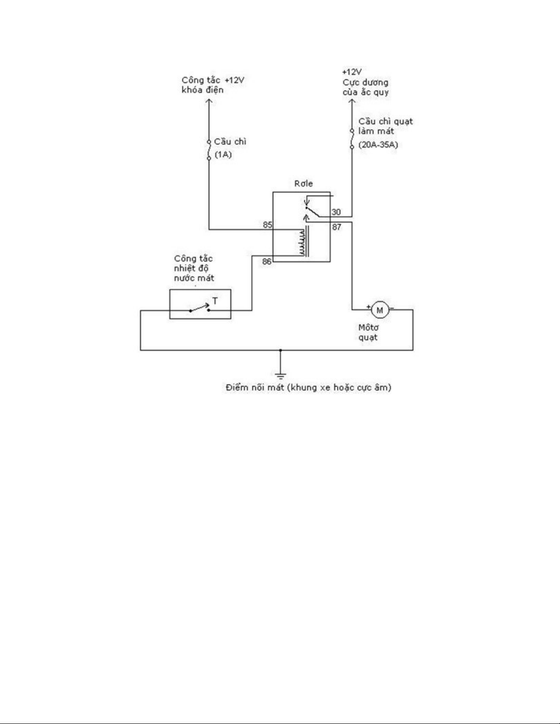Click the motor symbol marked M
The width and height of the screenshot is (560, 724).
click(379, 310)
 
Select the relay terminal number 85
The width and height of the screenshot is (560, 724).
click(267, 225)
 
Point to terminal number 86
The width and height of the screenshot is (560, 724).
click(267, 262)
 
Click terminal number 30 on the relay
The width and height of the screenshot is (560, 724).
click(336, 212)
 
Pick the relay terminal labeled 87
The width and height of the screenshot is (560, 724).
click(336, 227)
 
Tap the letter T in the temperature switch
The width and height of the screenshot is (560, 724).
click(215, 301)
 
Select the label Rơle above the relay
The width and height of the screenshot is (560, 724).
click(304, 184)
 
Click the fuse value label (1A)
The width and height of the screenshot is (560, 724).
click(223, 155)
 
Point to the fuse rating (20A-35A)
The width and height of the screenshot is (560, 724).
click(378, 145)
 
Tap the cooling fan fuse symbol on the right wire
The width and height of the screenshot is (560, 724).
click(352, 139)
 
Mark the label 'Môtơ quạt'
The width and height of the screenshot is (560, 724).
click(368, 333)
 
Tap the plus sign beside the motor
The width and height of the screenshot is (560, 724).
click(368, 307)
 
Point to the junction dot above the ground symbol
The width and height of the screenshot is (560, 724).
click(281, 350)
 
